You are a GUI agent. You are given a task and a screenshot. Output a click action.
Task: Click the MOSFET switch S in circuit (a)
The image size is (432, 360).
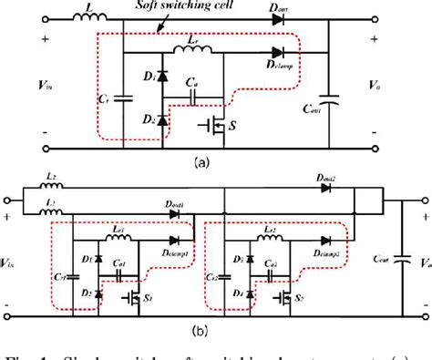[x=213, y=123]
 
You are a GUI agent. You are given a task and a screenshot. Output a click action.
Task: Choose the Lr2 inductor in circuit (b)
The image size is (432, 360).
[x=267, y=240]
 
